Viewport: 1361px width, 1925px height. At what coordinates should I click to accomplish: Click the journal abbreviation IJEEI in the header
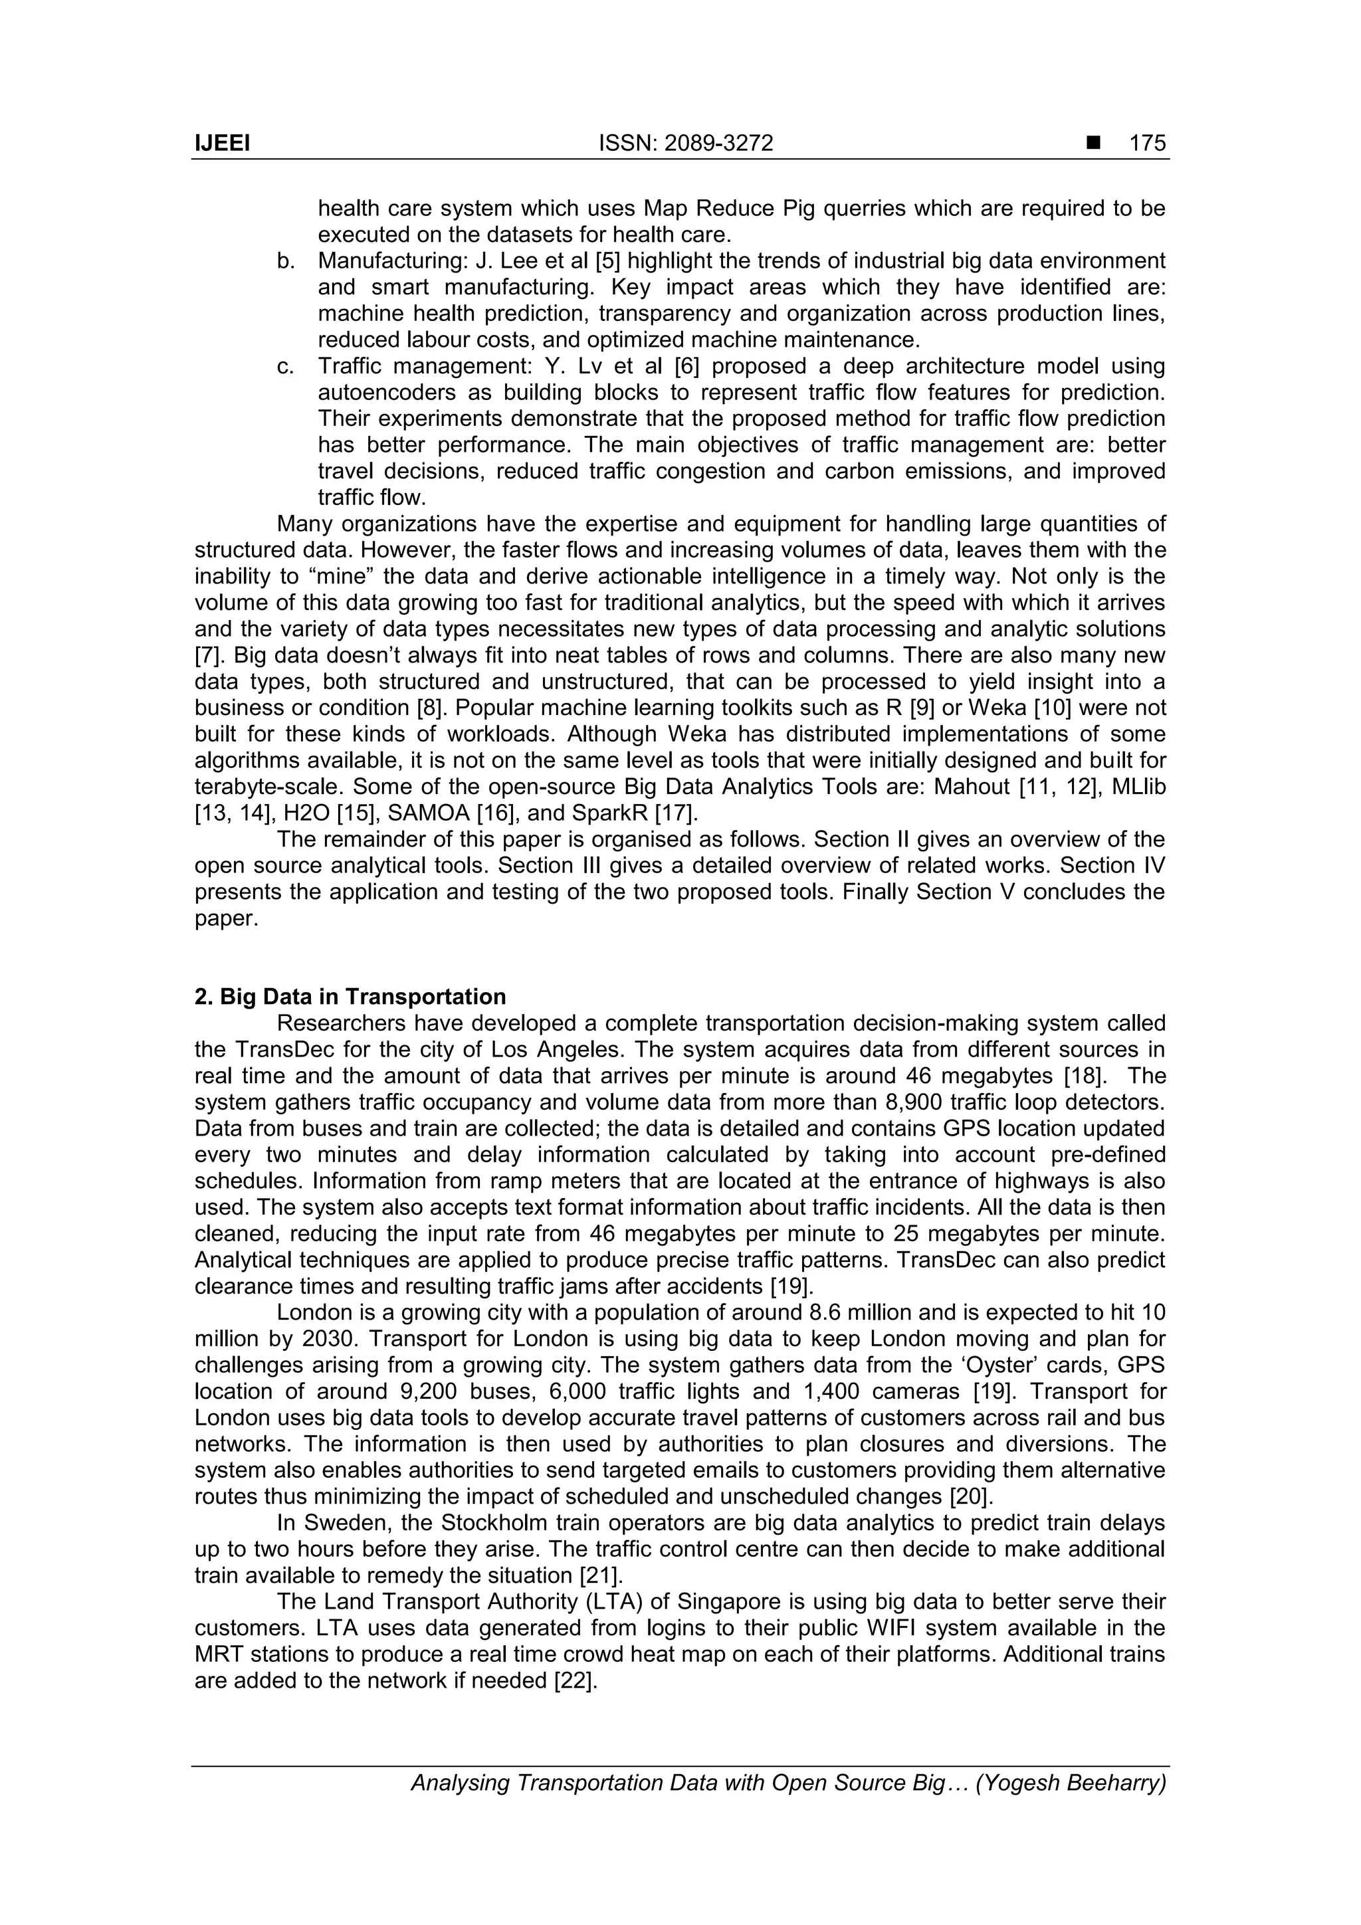click(x=222, y=144)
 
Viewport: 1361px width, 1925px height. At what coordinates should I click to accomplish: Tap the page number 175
click(x=1147, y=144)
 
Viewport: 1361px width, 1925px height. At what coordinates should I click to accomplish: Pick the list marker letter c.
click(x=285, y=366)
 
